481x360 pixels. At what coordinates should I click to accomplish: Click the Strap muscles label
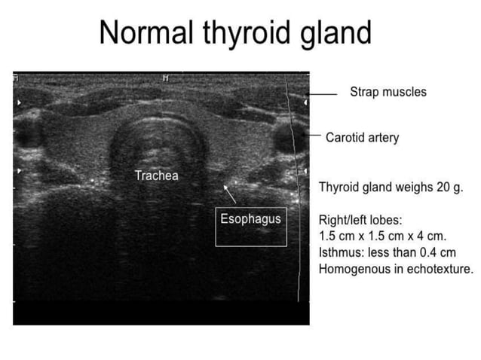[388, 92]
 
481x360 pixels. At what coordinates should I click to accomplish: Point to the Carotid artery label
[362, 138]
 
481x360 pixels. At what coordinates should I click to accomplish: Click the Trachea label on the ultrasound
[156, 175]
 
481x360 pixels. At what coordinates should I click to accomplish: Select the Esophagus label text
[250, 219]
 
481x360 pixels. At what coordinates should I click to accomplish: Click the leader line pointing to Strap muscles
[324, 94]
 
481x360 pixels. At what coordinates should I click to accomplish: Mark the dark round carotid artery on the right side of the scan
[286, 138]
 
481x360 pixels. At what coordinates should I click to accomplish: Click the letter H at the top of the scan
[164, 78]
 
